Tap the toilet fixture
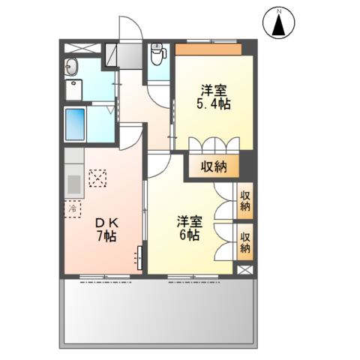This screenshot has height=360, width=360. [157, 53]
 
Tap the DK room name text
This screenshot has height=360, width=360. [105, 223]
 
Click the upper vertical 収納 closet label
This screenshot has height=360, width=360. [244, 201]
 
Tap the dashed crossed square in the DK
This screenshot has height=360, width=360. [97, 178]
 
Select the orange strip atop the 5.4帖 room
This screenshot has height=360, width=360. [208, 49]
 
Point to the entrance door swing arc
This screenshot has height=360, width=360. [129, 28]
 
